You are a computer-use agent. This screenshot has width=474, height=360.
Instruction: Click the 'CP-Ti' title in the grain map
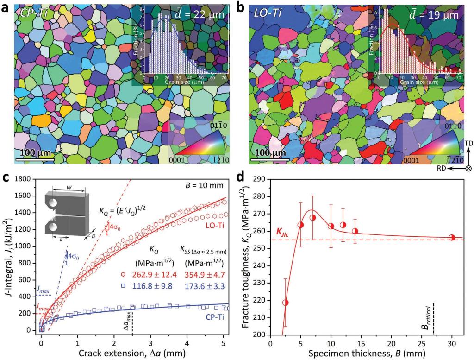pyautogui.click(x=35, y=13)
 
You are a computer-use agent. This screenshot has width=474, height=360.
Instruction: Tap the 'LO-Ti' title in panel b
pyautogui.click(x=271, y=13)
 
